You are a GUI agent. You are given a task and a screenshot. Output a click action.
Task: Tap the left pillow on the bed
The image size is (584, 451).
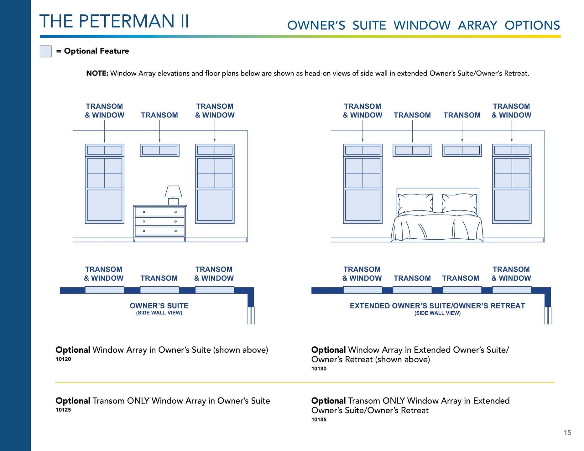[415, 203]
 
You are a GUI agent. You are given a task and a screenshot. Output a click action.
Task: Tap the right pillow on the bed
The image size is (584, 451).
[460, 203]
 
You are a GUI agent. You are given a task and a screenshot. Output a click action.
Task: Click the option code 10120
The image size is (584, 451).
[63, 359]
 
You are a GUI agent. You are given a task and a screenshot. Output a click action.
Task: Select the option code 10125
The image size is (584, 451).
[63, 410]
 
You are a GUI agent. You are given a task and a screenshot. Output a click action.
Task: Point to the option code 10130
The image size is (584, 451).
[319, 369]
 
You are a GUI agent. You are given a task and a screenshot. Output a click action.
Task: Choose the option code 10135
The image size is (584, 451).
[319, 420]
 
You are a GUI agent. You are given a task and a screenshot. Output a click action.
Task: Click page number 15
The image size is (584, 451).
[567, 433]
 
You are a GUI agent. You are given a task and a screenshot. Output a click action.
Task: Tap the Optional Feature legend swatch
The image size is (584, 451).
[45, 51]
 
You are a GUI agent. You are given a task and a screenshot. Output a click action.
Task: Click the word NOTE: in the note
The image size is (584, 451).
[97, 74]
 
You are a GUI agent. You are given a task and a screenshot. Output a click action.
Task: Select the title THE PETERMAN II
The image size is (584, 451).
[114, 21]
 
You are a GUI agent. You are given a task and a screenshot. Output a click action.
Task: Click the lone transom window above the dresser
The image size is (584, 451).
[159, 150]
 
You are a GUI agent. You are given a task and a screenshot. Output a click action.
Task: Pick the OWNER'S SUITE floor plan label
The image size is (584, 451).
[159, 306]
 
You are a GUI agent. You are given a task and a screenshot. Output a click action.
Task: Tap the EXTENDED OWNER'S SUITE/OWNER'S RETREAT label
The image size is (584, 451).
[437, 306]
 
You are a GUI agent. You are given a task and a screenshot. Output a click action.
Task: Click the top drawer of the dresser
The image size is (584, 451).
[159, 212]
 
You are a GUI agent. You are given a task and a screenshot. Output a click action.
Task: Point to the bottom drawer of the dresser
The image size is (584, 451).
[159, 231]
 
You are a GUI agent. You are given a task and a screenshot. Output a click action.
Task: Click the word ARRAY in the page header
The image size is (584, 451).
[477, 25]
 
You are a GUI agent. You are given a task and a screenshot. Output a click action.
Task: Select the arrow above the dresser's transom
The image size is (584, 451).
[159, 132]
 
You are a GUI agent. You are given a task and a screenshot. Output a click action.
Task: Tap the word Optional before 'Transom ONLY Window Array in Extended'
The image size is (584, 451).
[328, 401]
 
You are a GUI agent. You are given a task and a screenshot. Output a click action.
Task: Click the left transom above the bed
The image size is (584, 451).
[412, 150]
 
